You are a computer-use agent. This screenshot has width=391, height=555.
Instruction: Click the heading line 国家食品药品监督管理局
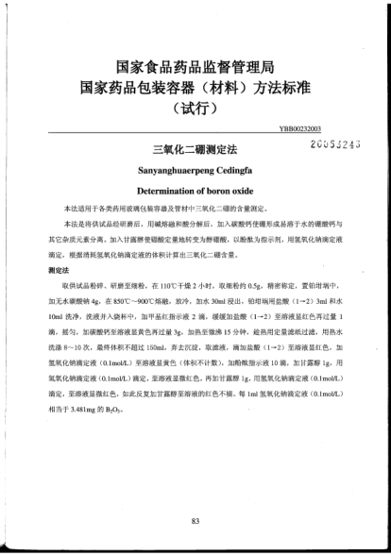pyautogui.click(x=195, y=68)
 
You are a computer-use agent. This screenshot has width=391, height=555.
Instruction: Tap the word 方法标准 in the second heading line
pyautogui.click(x=282, y=87)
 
